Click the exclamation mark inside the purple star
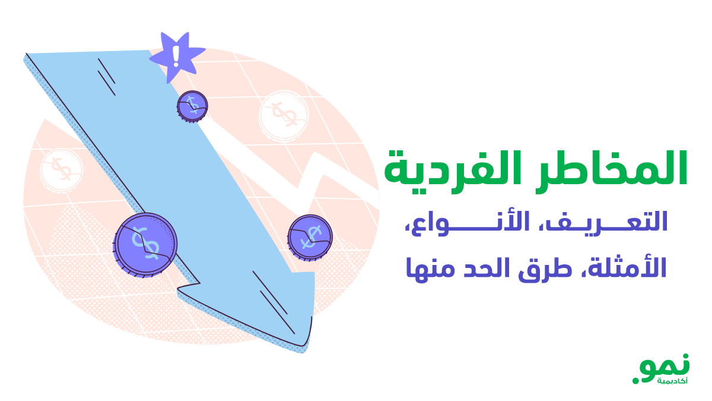176,56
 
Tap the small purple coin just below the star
192,106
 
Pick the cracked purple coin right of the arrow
310,236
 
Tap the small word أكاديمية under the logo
672,381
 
